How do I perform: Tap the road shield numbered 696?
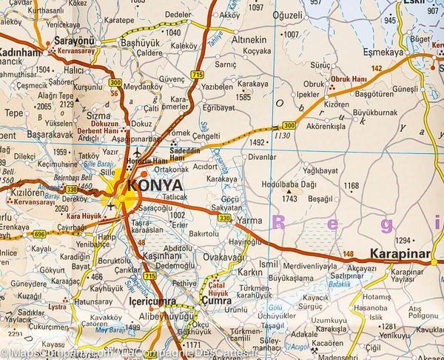[x=38, y=234]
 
